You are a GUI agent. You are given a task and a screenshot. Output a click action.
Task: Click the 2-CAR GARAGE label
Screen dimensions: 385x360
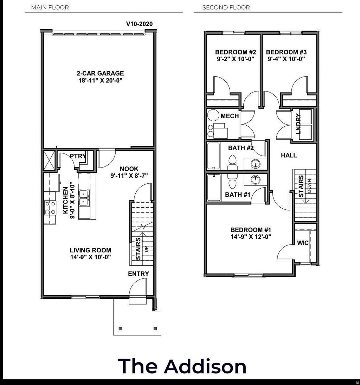click(x=100, y=74)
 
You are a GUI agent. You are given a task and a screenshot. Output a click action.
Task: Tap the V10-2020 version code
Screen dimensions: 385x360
click(x=139, y=24)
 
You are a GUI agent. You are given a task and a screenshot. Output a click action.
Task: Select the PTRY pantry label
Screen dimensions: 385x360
click(x=78, y=156)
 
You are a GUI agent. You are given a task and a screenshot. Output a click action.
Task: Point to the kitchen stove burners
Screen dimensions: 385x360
click(x=50, y=207)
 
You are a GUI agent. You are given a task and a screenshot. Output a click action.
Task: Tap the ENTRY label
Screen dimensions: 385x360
click(x=138, y=273)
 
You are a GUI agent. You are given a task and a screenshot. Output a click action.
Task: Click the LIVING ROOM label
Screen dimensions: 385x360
click(x=90, y=250)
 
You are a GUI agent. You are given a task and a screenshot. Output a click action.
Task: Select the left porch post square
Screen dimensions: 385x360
click(x=121, y=328)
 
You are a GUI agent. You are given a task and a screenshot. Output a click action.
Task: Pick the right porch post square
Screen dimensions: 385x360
click(x=155, y=328)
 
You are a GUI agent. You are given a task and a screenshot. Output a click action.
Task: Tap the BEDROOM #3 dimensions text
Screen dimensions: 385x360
click(x=285, y=59)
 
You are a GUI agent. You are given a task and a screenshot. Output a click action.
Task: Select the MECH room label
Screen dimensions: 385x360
click(x=230, y=116)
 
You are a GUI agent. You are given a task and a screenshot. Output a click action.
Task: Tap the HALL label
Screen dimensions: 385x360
click(x=289, y=155)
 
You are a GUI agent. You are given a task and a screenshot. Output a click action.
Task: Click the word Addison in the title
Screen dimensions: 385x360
click(x=205, y=366)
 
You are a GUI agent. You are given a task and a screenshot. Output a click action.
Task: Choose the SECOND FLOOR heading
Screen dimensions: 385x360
click(x=226, y=7)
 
